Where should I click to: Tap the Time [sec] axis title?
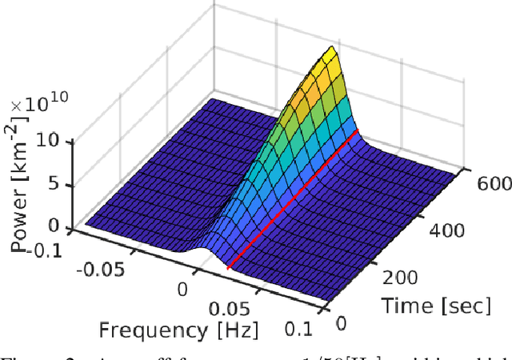pos(422,304)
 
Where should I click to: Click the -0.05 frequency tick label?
pos(101,268)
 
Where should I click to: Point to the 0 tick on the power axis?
pos(55,226)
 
